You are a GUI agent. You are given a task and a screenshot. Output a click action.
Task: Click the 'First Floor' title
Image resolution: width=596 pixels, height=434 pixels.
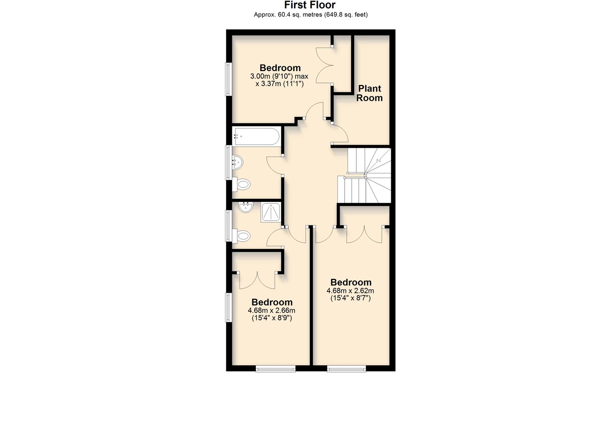(310, 5)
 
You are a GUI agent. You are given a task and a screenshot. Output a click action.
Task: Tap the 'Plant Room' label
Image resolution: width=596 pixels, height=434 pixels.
(370, 93)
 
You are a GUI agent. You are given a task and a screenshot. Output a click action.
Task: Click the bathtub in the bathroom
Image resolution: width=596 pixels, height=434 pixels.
(256, 137)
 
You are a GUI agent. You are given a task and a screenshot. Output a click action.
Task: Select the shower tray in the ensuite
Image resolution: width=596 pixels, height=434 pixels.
(271, 212)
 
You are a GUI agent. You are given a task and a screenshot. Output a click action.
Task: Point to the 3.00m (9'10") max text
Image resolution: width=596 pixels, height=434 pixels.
(279, 77)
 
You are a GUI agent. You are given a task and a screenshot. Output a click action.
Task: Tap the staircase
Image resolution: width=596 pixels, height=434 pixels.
(365, 175)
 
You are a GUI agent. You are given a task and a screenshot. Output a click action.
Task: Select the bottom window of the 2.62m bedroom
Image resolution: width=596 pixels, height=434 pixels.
(346, 368)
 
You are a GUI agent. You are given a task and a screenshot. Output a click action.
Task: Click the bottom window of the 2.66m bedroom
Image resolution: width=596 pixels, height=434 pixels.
(276, 368)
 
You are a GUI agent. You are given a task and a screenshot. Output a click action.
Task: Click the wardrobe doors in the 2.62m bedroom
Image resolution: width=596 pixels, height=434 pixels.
(365, 234)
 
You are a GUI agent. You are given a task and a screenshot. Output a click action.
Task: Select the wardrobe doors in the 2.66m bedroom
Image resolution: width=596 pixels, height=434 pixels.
(257, 280)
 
